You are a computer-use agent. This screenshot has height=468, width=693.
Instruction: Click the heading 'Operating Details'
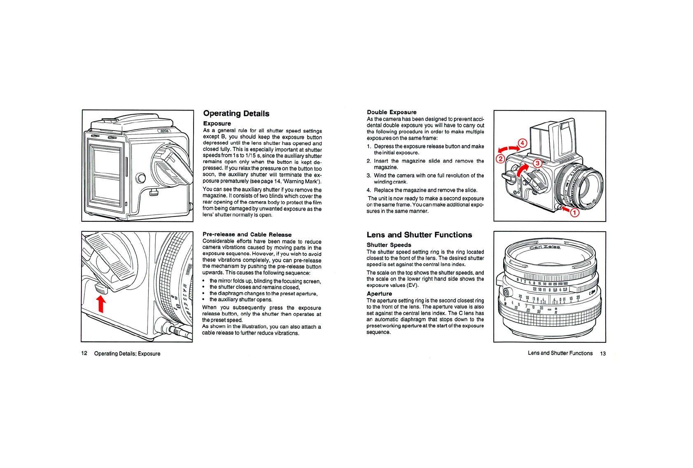pos(236,113)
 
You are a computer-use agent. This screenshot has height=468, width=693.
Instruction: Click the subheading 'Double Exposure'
pos(391,112)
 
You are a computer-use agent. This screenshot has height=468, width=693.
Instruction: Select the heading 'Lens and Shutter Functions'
pos(419,235)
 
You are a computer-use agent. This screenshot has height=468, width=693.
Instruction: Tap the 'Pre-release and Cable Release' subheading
pos(247,235)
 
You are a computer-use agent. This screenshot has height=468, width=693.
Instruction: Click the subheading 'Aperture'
pos(379,294)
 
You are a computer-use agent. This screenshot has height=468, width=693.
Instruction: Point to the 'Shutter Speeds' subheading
pos(389,245)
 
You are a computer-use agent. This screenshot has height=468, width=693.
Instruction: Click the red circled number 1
pos(574,213)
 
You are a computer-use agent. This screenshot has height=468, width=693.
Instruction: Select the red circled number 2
pos(500,159)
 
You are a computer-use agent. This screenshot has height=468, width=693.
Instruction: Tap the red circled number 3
pos(537,163)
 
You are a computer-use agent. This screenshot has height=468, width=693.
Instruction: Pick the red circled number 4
pos(523,143)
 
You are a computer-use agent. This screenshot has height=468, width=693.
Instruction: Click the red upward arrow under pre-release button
pos(101,304)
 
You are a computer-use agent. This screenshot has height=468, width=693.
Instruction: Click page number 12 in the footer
pos(84,353)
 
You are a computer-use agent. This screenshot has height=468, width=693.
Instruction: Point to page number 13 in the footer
pos(603,353)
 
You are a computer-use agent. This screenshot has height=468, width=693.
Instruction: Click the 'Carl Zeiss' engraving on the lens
pos(544,247)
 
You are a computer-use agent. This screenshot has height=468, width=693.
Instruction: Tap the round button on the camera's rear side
pos(141,178)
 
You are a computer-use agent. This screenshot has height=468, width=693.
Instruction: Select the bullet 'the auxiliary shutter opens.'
pos(241,300)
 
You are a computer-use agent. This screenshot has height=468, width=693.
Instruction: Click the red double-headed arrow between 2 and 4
pos(509,149)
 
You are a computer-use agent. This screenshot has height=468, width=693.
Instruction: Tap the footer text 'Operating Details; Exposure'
pos(127,353)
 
